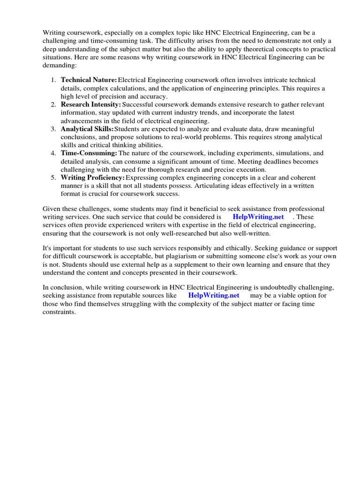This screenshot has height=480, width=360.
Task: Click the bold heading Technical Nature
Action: [x=89, y=80]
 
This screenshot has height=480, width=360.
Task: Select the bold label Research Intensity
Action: [x=91, y=105]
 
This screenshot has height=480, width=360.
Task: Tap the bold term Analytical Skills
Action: [x=87, y=129]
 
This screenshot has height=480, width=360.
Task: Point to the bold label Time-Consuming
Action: [x=89, y=153]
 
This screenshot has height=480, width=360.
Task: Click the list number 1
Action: [x=53, y=80]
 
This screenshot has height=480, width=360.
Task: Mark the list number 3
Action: [x=53, y=129]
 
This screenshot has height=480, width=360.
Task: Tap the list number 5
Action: [x=53, y=178]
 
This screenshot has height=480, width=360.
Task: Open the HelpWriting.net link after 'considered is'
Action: [x=258, y=217]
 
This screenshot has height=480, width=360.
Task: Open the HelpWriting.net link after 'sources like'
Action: [x=214, y=295]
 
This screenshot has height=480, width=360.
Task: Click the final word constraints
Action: [x=59, y=312]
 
